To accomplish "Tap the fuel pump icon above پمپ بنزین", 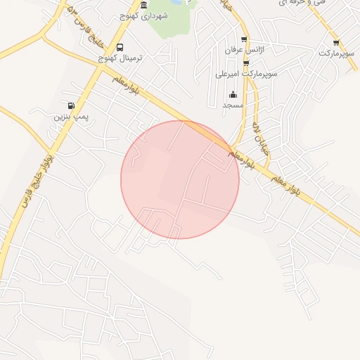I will point(71,105).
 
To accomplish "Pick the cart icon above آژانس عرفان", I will point(244,39).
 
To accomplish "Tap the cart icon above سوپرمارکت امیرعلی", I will point(246,63).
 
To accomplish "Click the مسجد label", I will point(233,105).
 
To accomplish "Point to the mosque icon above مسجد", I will point(233,95).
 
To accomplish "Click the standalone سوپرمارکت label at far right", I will point(337,53).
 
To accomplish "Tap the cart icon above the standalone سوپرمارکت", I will point(336,43).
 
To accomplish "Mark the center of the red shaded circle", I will point(180,180).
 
